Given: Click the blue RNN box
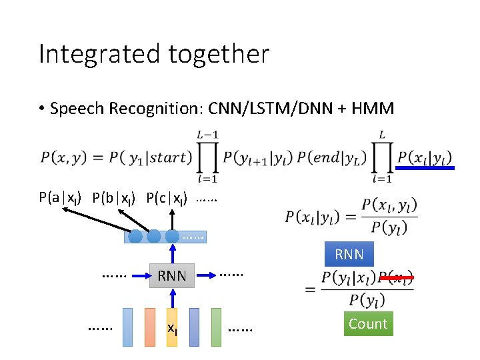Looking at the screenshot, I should click(x=349, y=255).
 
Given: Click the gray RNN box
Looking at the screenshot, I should click(x=172, y=275).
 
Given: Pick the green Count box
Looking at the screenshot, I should click(x=367, y=324).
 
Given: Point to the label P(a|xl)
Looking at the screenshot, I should click(x=60, y=198).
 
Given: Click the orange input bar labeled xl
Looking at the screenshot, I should click(x=172, y=327).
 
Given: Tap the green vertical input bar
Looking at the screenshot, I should click(x=216, y=327).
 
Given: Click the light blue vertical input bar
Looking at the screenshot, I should click(x=128, y=327).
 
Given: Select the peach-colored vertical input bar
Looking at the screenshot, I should click(x=150, y=327).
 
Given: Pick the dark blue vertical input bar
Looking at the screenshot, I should click(x=194, y=327).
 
